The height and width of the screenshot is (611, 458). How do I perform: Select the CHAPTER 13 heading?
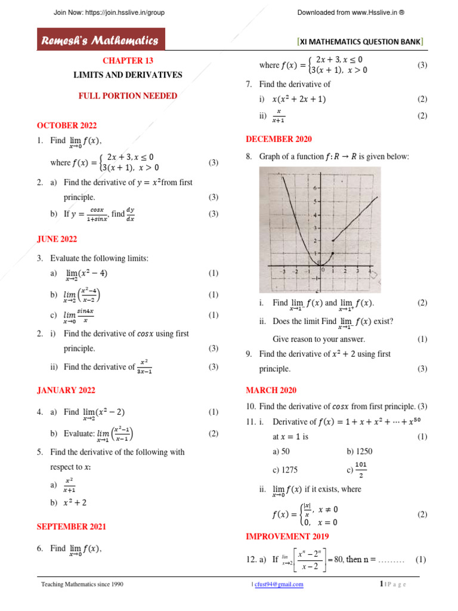123,61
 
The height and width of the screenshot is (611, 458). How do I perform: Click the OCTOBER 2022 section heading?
67,125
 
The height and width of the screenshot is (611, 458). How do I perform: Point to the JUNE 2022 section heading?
57,239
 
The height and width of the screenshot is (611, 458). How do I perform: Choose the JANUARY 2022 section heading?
66,390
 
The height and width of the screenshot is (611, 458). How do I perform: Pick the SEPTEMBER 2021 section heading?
71,526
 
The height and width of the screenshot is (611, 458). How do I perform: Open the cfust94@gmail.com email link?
278,585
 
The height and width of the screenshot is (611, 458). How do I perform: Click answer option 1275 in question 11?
284,470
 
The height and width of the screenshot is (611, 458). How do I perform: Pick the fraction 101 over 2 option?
361,470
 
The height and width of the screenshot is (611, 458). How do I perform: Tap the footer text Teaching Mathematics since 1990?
82,585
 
